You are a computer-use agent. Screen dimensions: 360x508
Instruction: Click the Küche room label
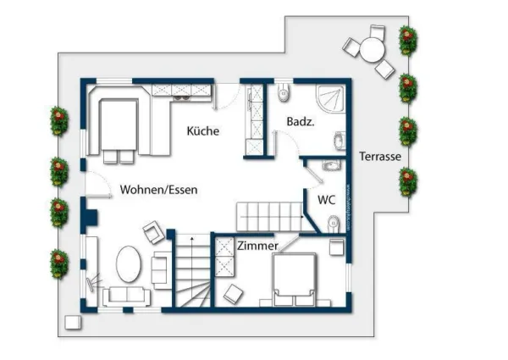(x=203, y=131)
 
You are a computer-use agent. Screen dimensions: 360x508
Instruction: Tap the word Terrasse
(x=379, y=157)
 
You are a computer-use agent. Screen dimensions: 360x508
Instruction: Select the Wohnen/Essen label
(x=158, y=190)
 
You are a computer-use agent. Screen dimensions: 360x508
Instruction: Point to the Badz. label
(x=301, y=122)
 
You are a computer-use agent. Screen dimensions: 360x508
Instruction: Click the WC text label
(x=327, y=200)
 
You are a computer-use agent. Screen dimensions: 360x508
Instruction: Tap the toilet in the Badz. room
(x=283, y=91)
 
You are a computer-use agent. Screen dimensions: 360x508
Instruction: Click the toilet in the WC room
(x=333, y=224)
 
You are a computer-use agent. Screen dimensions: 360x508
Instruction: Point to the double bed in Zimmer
(x=295, y=279)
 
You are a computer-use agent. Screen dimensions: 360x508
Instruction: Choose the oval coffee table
(x=129, y=265)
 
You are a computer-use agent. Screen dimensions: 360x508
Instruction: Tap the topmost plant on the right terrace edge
(x=409, y=37)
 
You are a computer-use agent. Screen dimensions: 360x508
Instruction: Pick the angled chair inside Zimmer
(x=231, y=293)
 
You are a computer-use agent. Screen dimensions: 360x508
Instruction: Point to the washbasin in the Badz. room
(x=339, y=141)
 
